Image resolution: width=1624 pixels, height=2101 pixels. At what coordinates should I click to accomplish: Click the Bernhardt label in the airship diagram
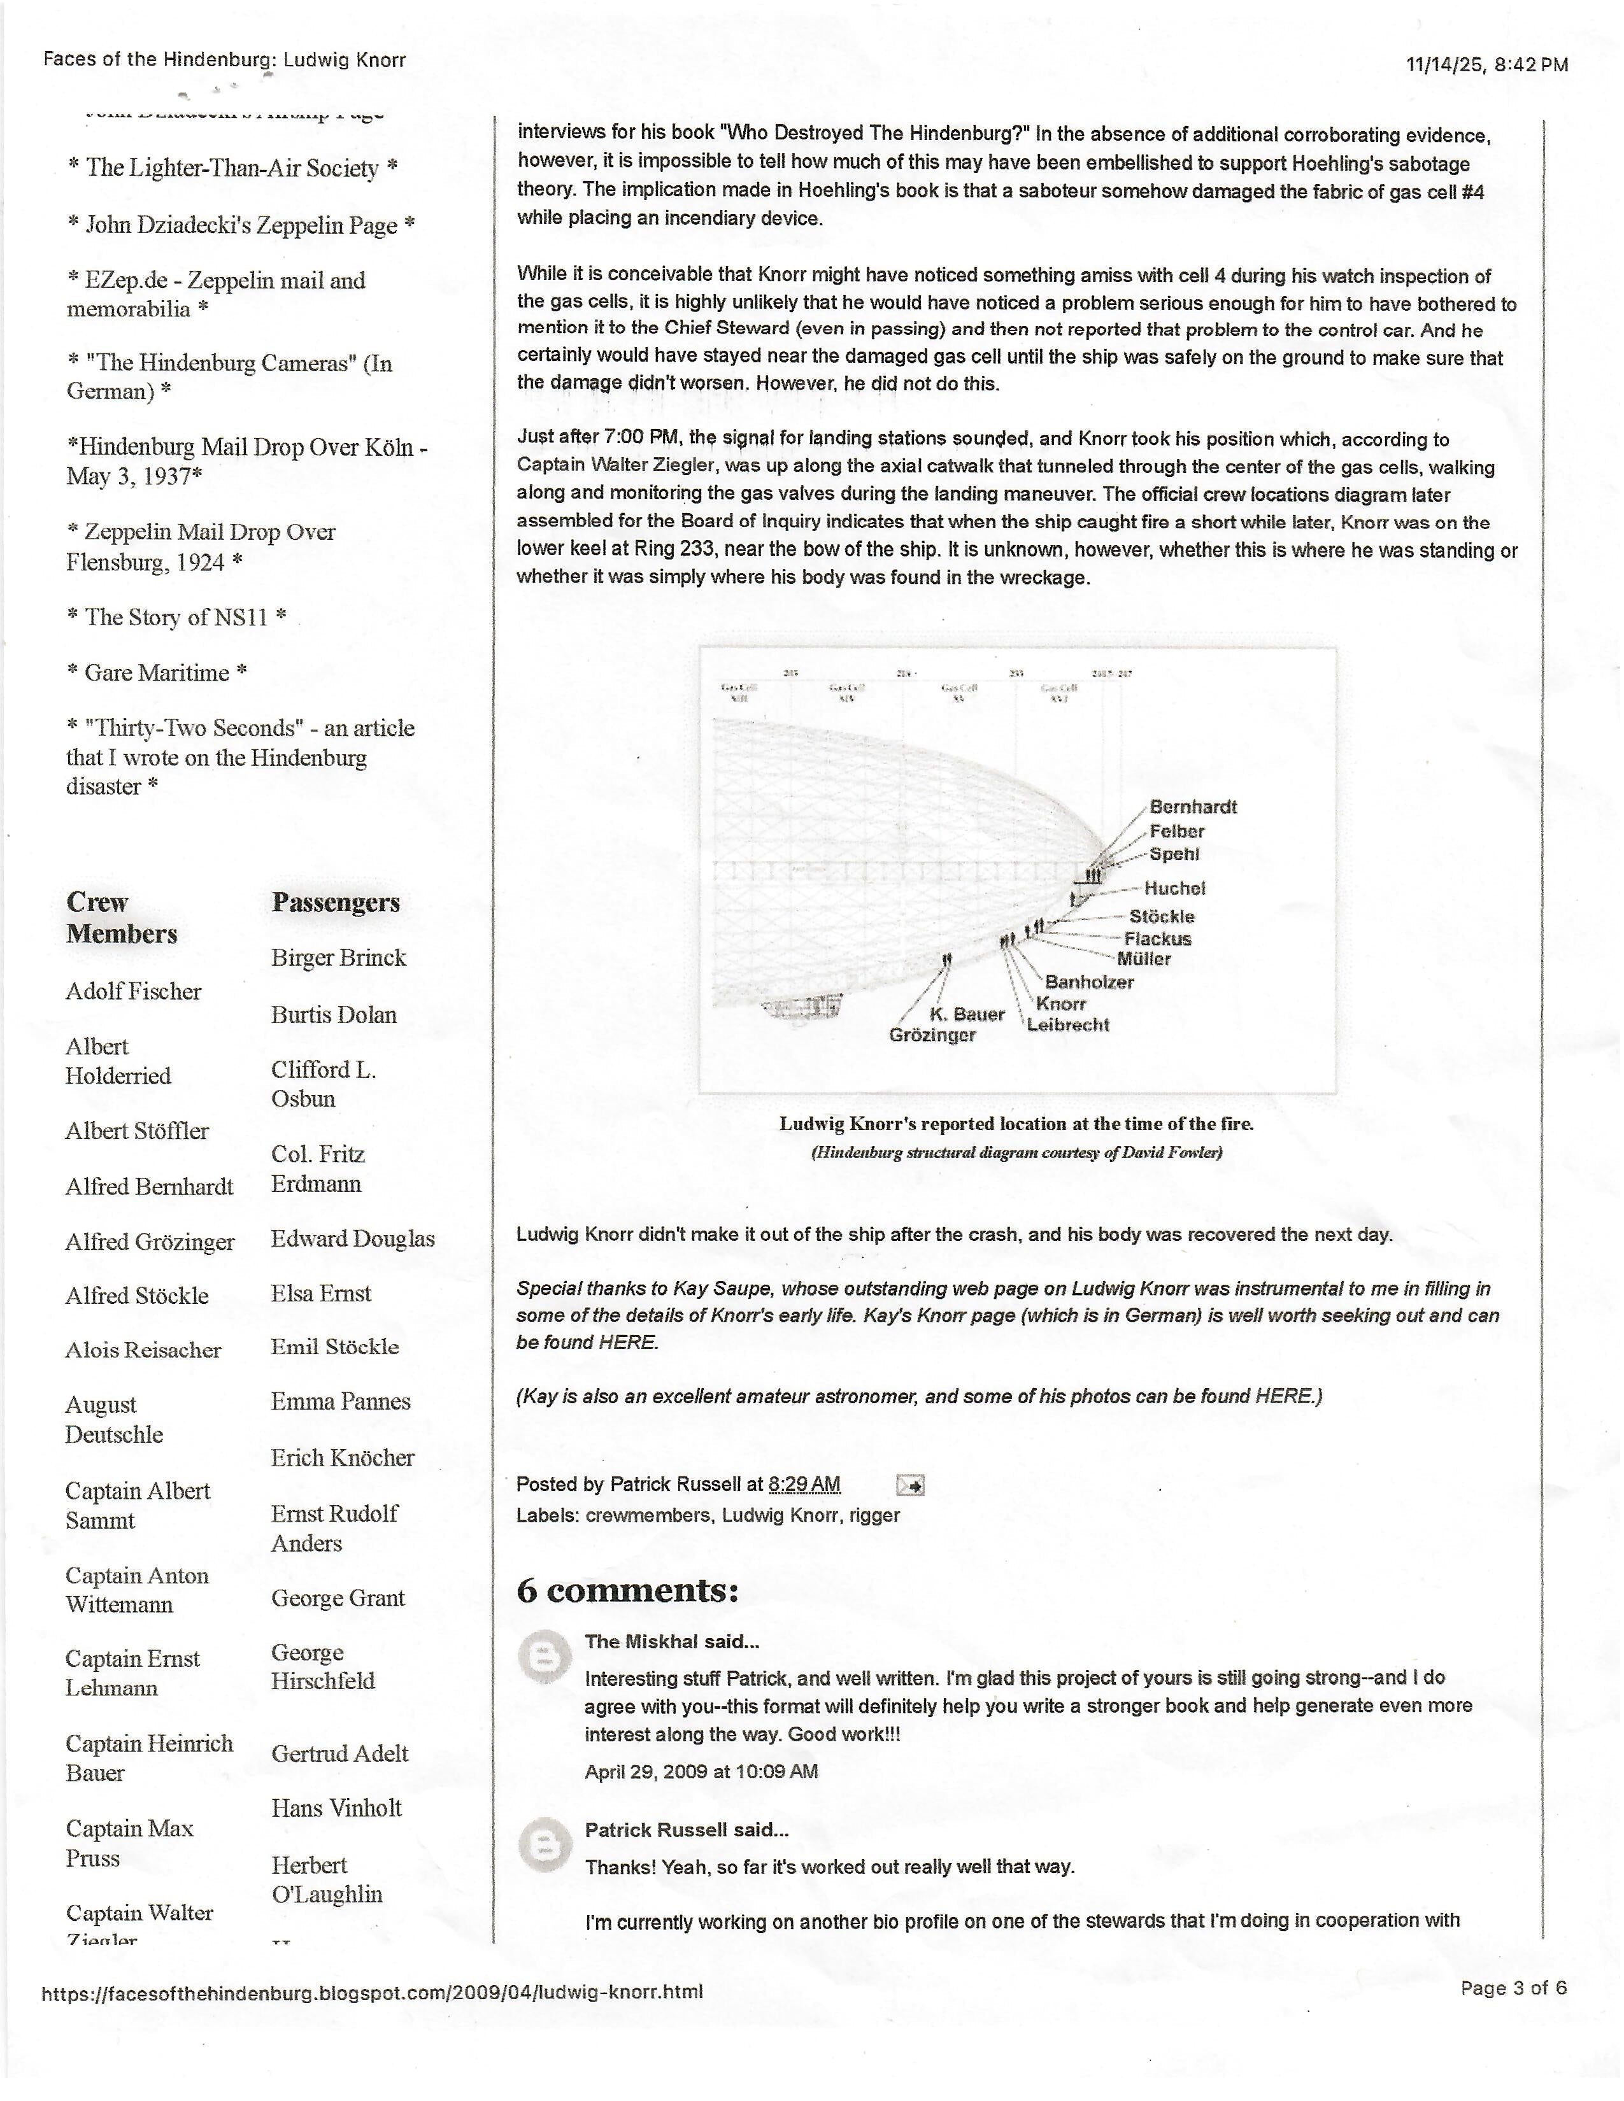pos(1193,807)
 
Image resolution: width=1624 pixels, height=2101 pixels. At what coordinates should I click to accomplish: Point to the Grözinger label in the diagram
pos(932,1035)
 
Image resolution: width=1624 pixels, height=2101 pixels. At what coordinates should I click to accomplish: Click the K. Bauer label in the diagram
pos(967,1014)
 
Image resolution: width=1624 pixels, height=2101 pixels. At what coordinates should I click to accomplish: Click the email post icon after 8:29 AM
pos(910,1485)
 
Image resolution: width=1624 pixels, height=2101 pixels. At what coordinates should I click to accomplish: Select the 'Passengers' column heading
pos(336,902)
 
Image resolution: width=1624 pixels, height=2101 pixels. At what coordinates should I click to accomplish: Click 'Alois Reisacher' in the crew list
pos(143,1350)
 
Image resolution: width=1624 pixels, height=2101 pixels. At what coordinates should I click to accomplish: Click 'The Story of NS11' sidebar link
pos(176,617)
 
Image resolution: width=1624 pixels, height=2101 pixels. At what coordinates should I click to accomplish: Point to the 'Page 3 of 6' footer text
pos(1513,1988)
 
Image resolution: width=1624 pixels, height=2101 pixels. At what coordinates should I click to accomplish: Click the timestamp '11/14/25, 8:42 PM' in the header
pos(1486,64)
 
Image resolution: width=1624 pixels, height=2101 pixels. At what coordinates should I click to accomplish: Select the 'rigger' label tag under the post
pos(874,1515)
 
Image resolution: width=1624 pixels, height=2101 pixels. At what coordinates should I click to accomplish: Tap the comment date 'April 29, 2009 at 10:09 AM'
pos(701,1771)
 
